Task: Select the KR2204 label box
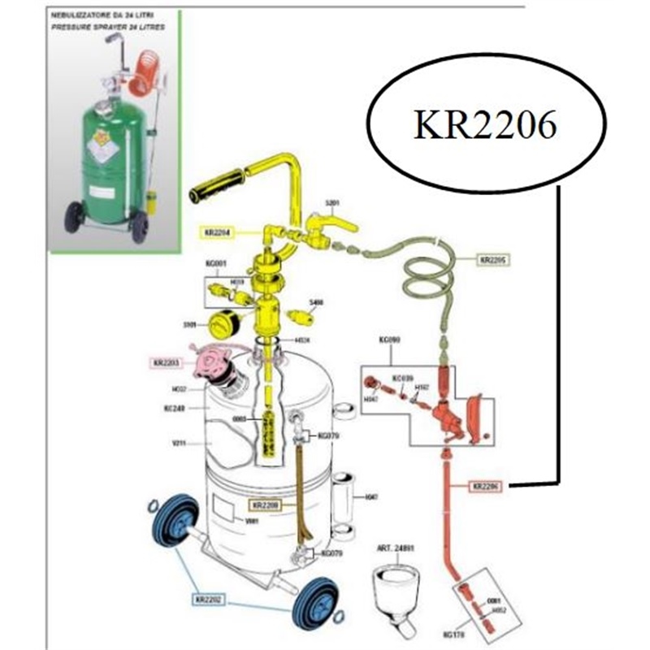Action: tap(214, 232)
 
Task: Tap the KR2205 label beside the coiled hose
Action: tap(493, 261)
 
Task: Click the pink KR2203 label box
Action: tap(167, 362)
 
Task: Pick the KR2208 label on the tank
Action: tap(265, 505)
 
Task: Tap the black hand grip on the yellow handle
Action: tap(216, 185)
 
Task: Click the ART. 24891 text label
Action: tap(393, 548)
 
